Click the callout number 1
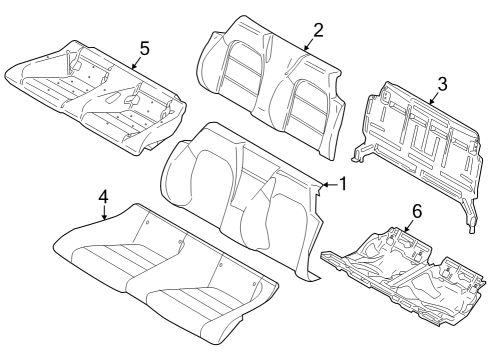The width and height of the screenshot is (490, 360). (342, 184)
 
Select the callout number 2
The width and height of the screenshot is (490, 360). (317, 29)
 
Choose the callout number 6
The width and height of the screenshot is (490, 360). (416, 211)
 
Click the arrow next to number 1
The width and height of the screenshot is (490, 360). (326, 185)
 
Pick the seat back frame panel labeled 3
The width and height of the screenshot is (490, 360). (420, 140)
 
